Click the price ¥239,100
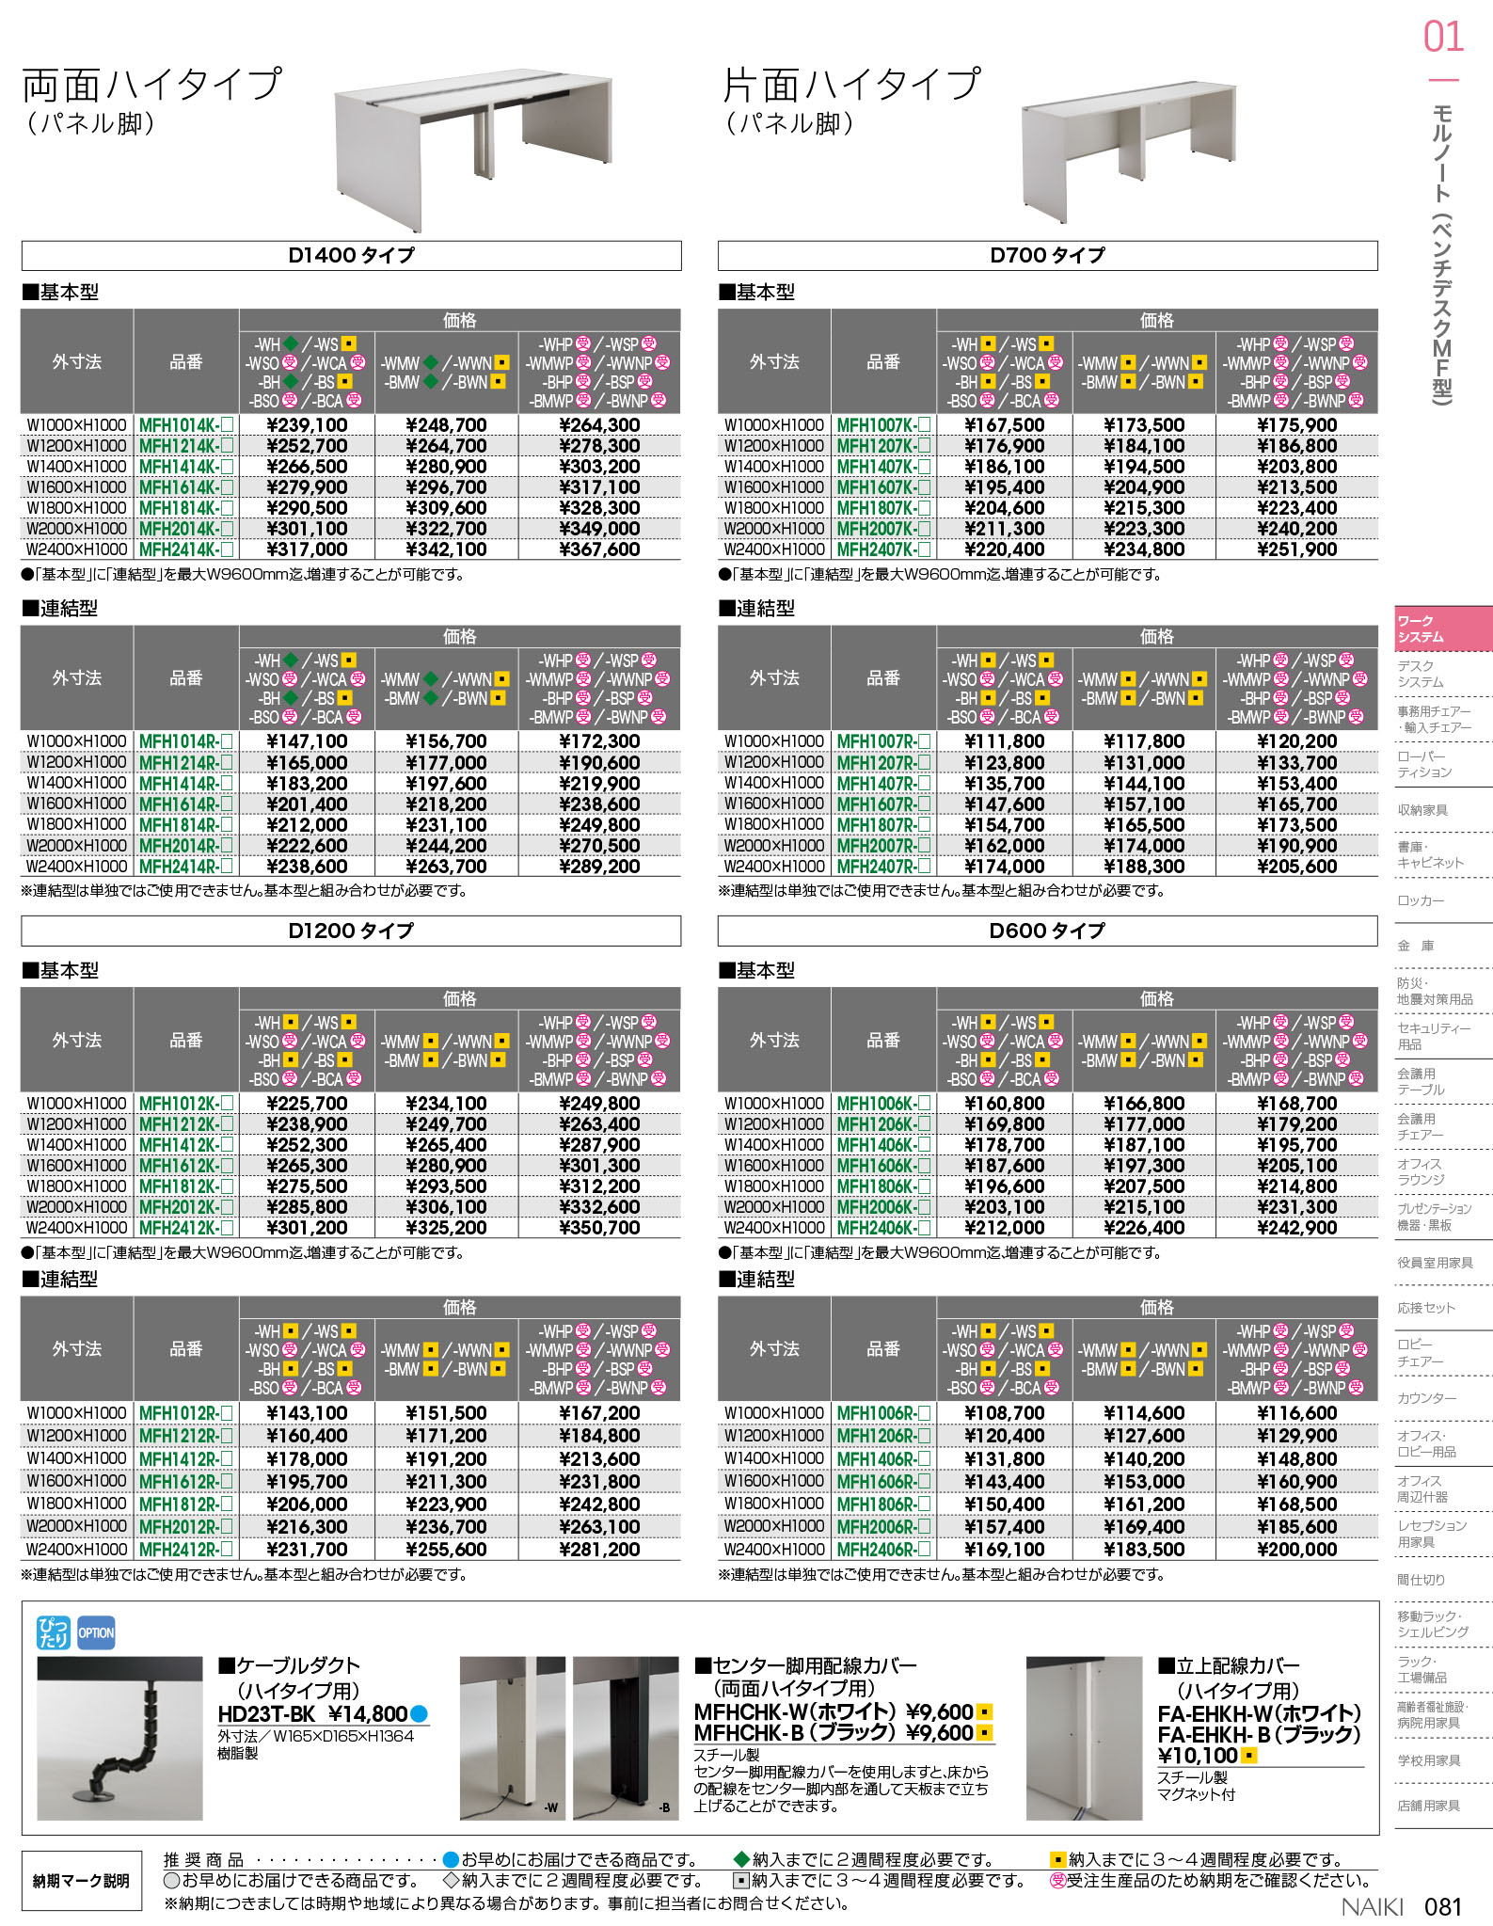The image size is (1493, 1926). [x=307, y=425]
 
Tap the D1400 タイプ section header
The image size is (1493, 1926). [x=351, y=255]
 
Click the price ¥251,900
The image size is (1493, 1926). [x=1296, y=549]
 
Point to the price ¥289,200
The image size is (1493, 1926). [x=599, y=867]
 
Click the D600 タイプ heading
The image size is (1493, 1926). [x=1047, y=931]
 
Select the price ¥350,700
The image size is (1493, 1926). [x=599, y=1228]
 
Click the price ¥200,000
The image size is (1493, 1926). [x=1296, y=1550]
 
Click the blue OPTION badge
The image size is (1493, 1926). [x=96, y=1633]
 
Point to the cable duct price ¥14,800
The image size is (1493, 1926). [x=368, y=1714]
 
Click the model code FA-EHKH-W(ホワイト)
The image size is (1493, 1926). [x=1259, y=1713]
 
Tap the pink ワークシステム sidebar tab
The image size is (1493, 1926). [x=1442, y=629]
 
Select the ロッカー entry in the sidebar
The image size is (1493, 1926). [x=1421, y=900]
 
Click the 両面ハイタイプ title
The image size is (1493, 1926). [x=151, y=85]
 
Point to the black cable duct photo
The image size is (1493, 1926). [x=119, y=1738]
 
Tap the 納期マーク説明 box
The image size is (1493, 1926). [x=81, y=1881]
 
